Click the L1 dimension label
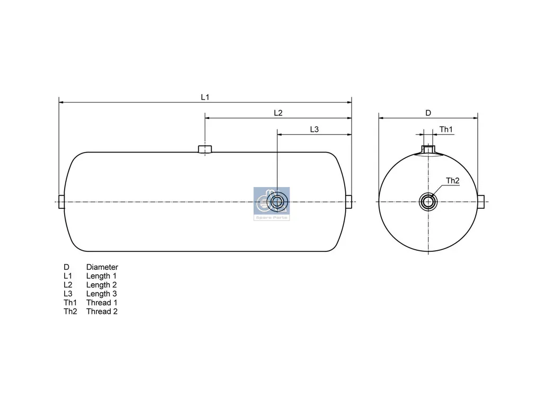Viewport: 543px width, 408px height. pos(205,97)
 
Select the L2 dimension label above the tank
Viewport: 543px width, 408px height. pos(278,113)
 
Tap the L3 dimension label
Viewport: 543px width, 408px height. pos(314,130)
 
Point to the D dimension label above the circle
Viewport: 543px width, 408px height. pos(428,113)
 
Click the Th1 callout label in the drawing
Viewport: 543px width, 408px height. pos(446,130)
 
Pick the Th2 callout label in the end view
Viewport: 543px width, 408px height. pos(452,181)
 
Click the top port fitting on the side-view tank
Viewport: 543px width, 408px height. pos(205,149)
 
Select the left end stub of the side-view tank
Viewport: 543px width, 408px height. pos(60,202)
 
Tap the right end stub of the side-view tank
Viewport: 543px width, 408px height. pos(349,202)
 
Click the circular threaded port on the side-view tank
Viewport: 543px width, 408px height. pos(277,201)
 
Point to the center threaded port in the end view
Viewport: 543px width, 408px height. pos(428,201)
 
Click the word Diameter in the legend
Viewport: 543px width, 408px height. pos(102,267)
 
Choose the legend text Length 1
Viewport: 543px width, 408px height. pos(101,276)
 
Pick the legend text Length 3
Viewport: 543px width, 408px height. pos(101,294)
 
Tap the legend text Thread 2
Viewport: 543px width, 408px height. pos(102,311)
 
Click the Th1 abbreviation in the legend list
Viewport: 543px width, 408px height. pos(70,303)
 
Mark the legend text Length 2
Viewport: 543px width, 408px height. pos(101,285)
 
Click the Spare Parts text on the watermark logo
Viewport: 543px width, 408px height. pos(271,218)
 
